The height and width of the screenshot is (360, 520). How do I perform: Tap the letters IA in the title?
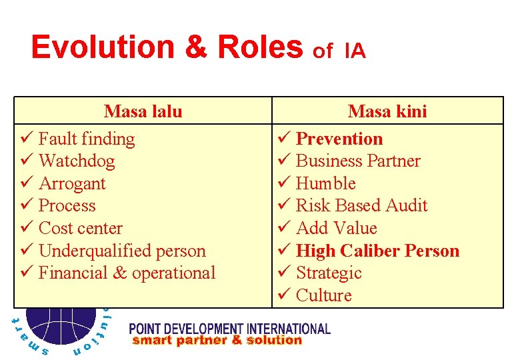pos(355,51)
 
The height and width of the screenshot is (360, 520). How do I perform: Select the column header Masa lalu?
pos(143,111)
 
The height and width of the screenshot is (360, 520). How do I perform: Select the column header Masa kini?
pos(387,111)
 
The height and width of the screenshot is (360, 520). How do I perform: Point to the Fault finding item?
pos(87,139)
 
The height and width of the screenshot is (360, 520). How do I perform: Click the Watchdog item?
pos(77,161)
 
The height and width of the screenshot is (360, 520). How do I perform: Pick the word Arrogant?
pos(72,183)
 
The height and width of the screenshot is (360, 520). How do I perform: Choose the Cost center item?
pos(81,228)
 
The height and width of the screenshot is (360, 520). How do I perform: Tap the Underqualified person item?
pos(122,251)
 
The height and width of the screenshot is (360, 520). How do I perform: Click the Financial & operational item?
pos(127,273)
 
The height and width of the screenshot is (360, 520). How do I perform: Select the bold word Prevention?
pos(339,139)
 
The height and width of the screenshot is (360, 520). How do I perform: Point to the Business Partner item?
pos(358,161)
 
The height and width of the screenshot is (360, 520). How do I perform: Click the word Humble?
pos(325,183)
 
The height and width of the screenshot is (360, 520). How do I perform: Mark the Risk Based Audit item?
pos(361,205)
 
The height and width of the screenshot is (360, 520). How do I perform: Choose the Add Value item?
pos(336,228)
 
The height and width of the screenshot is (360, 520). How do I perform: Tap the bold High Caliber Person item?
pos(377,251)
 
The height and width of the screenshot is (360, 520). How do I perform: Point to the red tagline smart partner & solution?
pos(217,341)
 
